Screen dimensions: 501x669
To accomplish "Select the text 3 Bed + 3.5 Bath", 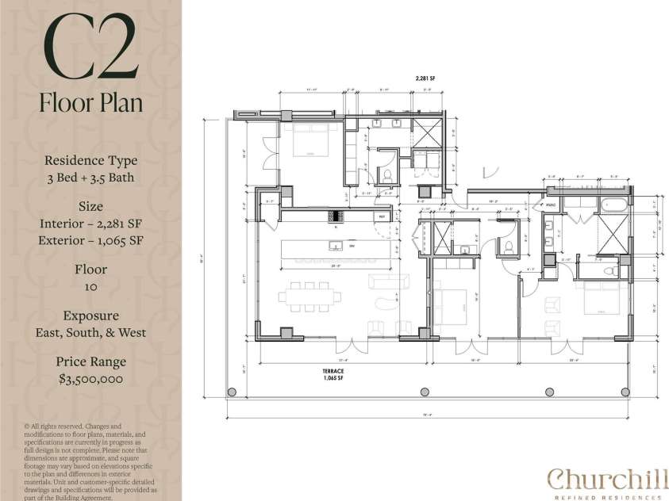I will pos(90,178).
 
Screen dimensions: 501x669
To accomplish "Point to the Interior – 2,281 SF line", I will pos(90,224).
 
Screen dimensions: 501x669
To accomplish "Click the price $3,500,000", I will pos(90,379).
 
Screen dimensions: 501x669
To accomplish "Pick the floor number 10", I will pos(90,287).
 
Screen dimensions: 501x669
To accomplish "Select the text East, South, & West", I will pos(90,333).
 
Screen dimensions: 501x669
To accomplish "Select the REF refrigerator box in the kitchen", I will pos(382,216).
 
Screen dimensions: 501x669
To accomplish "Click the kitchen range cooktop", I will pos(336,216).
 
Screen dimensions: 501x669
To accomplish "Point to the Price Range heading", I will pos(90,361).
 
